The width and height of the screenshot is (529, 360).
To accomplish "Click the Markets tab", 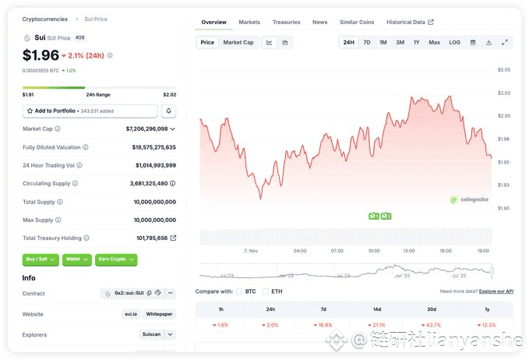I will pos(249,23).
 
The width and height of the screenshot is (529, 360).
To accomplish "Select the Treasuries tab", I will pos(286,23).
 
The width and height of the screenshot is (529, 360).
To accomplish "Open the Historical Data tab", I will pos(410,23).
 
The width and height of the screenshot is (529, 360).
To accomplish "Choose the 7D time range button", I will pos(367,42).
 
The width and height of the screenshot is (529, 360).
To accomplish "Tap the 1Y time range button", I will pos(416,42).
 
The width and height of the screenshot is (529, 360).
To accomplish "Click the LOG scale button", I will pos(454,42).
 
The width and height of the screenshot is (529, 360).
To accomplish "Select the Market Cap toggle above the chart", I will pos(238,42).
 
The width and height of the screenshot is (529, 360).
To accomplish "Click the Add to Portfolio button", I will pos(90,111).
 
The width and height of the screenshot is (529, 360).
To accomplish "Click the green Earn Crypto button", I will pos(115,259).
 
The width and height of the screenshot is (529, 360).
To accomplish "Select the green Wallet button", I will pos(76,259).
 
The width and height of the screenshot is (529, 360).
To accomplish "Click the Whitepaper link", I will pos(160,314).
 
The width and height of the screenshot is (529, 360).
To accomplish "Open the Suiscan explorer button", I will pos(150,335).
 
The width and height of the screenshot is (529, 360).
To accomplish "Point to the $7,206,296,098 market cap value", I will pos(146,129).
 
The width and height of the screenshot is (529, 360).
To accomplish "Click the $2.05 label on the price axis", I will pos(503,70).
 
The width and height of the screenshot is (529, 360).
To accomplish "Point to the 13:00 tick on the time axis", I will pos(409,251).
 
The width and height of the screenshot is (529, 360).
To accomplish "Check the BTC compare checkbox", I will pos(240,291).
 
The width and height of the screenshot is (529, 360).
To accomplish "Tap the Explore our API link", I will pos(495,291).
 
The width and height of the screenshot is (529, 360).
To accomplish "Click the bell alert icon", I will pos(169,111).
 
